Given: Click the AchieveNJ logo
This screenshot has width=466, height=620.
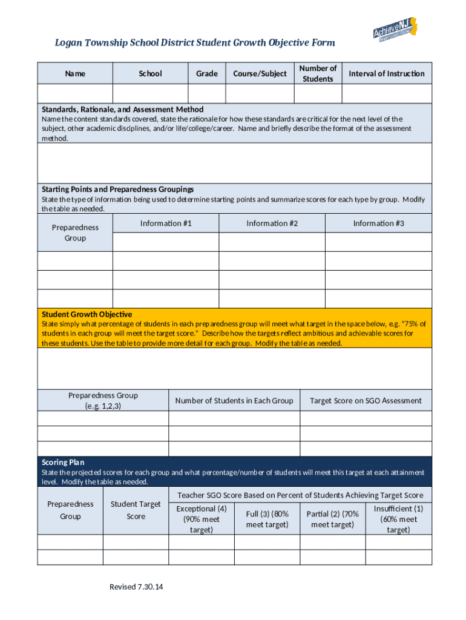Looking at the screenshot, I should [x=395, y=30].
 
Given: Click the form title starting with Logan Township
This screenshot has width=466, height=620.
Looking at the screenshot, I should [x=195, y=43].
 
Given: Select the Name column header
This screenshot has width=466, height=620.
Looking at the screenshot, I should [x=75, y=73].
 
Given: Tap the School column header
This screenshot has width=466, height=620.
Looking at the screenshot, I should [x=150, y=73].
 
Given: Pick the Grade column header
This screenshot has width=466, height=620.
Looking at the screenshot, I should [x=206, y=73].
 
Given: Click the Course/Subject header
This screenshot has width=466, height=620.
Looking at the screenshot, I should [x=260, y=73].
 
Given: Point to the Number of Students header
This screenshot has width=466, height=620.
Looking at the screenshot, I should [x=318, y=73].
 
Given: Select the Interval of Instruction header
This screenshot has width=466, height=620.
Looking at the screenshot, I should [x=387, y=73].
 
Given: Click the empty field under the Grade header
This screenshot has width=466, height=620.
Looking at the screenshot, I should [x=206, y=94].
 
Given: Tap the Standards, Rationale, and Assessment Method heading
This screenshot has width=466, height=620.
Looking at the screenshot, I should [x=122, y=110].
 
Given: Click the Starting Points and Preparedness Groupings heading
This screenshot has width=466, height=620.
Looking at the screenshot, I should [x=117, y=189].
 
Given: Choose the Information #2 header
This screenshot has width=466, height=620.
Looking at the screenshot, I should [x=272, y=223].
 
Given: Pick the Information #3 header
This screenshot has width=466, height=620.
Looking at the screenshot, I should [x=378, y=223].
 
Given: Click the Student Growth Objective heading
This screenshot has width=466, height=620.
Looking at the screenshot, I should [x=87, y=314].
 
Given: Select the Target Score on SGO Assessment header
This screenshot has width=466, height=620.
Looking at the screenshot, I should [x=366, y=400].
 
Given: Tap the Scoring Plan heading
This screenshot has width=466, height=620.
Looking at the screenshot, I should [x=63, y=462].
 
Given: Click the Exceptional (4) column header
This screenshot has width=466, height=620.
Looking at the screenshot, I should [x=202, y=519].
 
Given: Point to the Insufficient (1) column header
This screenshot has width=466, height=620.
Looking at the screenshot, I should [x=398, y=519].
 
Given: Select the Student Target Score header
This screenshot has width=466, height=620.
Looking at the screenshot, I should [x=136, y=510].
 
